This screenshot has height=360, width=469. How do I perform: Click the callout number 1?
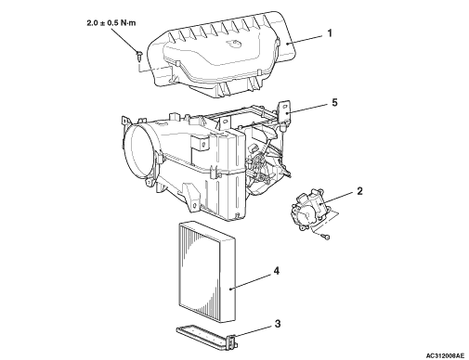[330, 33]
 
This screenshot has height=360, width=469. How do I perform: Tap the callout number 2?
[359, 191]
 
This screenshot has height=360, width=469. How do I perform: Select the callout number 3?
[278, 324]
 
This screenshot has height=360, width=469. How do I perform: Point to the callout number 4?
[277, 271]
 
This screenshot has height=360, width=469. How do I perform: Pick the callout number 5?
[334, 102]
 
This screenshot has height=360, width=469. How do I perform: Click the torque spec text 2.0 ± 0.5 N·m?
[111, 23]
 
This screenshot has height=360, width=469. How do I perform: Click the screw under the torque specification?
[139, 56]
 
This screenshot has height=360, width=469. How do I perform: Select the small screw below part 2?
[326, 237]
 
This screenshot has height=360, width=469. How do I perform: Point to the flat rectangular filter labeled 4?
[207, 272]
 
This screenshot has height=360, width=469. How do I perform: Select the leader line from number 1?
[306, 40]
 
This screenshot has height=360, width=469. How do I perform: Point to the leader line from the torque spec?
[124, 40]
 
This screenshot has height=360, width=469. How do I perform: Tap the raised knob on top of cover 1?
[233, 44]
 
